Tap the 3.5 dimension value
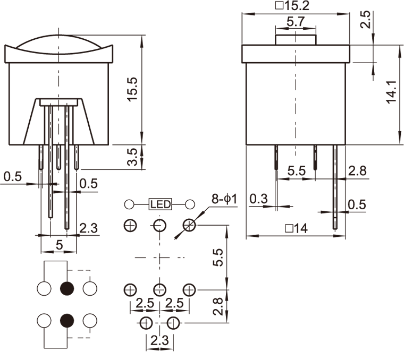(133, 157)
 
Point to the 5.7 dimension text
(296, 23)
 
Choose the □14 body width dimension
(296, 229)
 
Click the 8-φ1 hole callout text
(224, 199)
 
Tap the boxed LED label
(160, 204)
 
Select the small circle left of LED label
(129, 204)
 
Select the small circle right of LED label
(189, 204)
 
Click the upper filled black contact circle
(67, 288)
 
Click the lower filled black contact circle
(67, 320)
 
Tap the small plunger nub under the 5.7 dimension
(296, 39)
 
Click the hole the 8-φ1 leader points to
(189, 225)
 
